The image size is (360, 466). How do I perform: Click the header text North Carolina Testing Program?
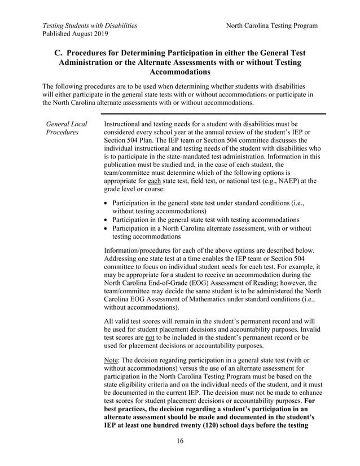pos(271,25)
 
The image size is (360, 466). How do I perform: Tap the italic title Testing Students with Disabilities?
pos(90,25)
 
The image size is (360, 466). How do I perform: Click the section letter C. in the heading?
pos(59,52)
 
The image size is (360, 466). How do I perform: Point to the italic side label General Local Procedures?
pos(67,128)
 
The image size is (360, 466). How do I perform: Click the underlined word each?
pos(153,181)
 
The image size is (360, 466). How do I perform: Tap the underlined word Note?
pos(113,360)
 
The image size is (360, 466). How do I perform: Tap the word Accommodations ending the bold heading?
pos(179,72)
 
